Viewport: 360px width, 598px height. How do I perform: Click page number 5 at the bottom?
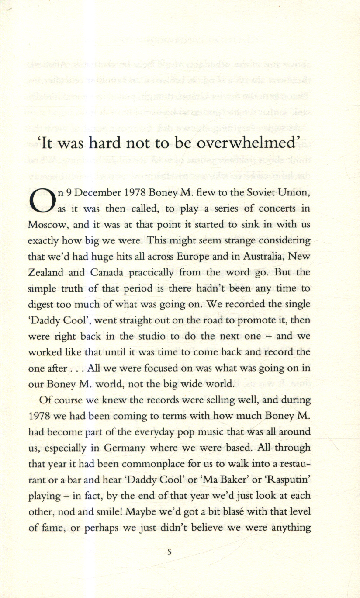click(x=169, y=552)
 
